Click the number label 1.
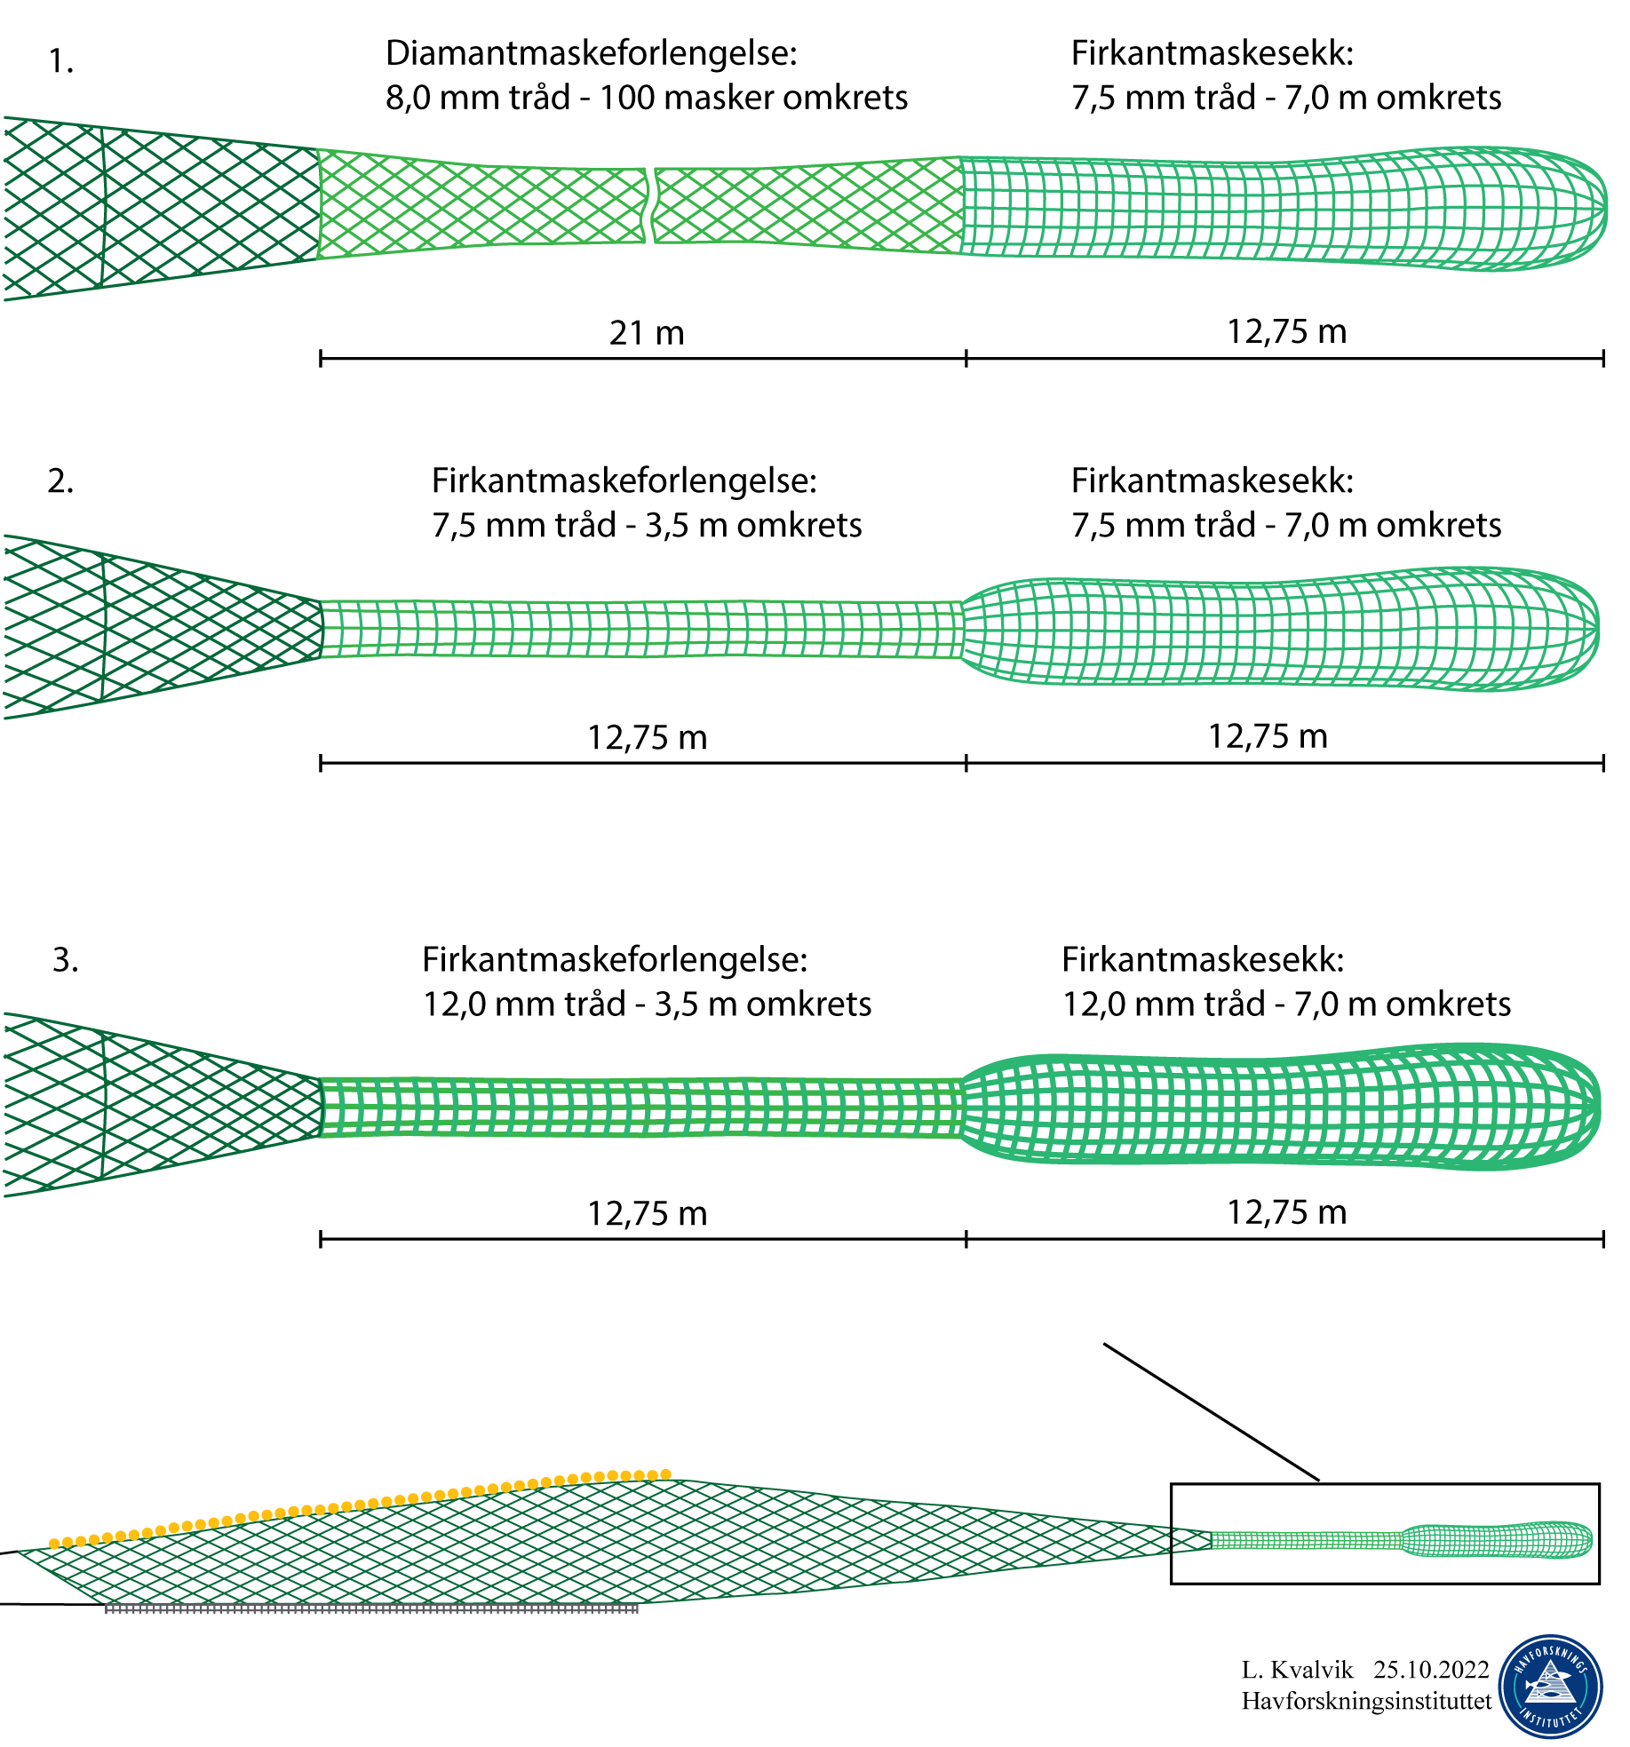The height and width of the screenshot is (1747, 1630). point(60,62)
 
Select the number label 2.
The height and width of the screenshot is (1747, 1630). point(60,481)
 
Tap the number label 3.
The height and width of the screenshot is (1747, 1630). point(65,960)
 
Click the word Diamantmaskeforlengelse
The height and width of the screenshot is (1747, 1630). point(591,53)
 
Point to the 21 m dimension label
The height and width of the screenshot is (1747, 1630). point(647,333)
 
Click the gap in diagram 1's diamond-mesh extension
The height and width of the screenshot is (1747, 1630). point(650,205)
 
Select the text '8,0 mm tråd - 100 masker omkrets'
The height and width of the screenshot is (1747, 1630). point(647,98)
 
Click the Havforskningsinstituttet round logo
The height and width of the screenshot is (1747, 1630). point(1550,1687)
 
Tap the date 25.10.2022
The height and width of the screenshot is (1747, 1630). point(1431,1670)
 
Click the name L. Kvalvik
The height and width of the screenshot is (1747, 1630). point(1297,1670)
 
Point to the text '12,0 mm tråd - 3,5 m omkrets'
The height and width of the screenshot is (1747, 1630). point(647,1005)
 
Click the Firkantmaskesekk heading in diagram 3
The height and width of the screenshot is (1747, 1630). point(1203,960)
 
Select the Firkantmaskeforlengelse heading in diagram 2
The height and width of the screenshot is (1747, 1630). point(624,481)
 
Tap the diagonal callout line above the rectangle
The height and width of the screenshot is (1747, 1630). point(1211,1412)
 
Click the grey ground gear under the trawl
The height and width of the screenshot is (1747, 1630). point(371,1608)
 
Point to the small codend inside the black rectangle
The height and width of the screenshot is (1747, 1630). point(1497,1541)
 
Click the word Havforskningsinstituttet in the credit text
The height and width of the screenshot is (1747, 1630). point(1366,1701)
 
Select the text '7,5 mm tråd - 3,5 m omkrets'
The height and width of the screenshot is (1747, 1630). point(647,526)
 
